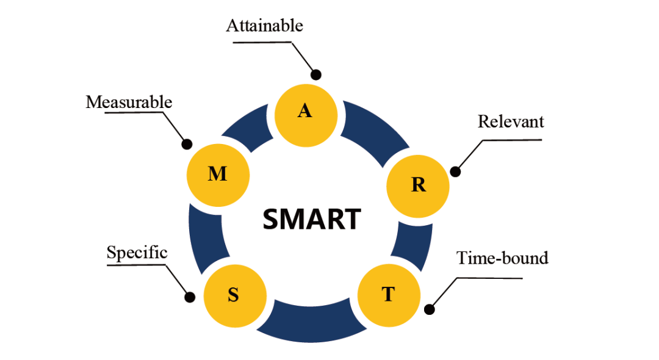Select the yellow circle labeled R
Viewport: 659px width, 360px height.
point(419,185)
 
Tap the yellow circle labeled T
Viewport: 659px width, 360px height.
point(389,295)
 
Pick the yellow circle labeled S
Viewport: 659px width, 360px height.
point(234,296)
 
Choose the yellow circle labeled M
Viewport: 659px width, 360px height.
point(218,175)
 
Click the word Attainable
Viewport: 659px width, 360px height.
point(264,26)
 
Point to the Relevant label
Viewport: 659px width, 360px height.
point(511,121)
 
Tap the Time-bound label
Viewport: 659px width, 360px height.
point(502,258)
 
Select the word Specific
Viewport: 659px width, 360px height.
point(137,253)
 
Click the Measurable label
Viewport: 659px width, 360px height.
point(129,102)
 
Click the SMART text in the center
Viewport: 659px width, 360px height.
point(312,219)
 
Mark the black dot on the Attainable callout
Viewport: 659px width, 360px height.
point(316,75)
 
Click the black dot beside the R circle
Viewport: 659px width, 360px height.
point(455,171)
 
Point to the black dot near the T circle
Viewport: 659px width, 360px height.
point(430,309)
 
